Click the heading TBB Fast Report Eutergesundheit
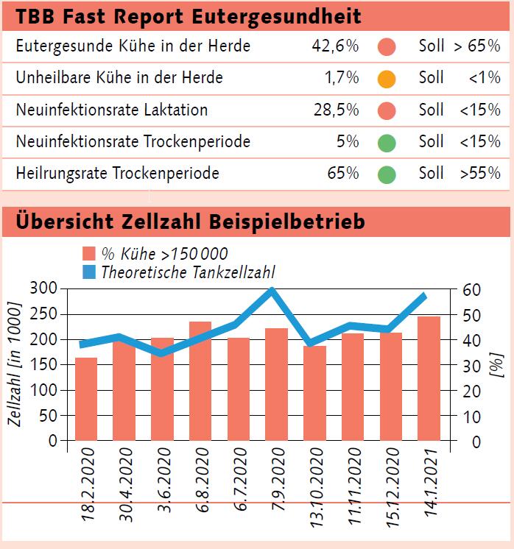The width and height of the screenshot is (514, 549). click(189, 15)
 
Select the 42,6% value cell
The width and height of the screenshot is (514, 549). click(334, 46)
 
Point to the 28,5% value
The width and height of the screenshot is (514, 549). click(334, 110)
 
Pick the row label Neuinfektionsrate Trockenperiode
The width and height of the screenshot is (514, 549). click(133, 142)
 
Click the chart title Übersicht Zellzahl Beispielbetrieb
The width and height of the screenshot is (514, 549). click(190, 221)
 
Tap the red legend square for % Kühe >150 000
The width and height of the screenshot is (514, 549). click(89, 255)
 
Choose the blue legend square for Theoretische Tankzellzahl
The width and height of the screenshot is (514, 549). click(89, 272)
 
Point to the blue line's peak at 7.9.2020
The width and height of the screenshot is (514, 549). click(272, 291)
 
